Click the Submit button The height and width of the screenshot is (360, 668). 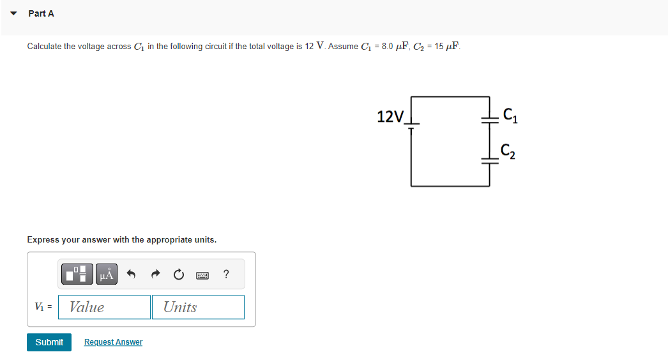tap(49, 342)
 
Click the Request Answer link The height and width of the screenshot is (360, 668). tap(113, 342)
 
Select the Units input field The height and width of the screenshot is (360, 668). tap(198, 307)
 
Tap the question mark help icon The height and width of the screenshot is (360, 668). tap(226, 274)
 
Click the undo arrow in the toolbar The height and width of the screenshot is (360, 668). tap(132, 275)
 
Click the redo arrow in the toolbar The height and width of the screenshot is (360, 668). tap(155, 275)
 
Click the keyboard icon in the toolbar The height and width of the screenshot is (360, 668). tap(202, 275)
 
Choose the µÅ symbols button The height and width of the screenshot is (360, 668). tap(107, 274)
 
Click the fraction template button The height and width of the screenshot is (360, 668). tap(77, 274)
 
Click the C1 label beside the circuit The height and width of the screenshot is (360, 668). tap(510, 116)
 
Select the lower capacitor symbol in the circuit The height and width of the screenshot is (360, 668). tap(489, 163)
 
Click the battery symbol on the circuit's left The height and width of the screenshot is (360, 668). tap(412, 125)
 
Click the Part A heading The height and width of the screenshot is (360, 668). tap(42, 13)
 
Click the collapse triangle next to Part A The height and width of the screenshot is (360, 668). tap(13, 13)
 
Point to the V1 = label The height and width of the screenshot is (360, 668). tap(43, 307)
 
